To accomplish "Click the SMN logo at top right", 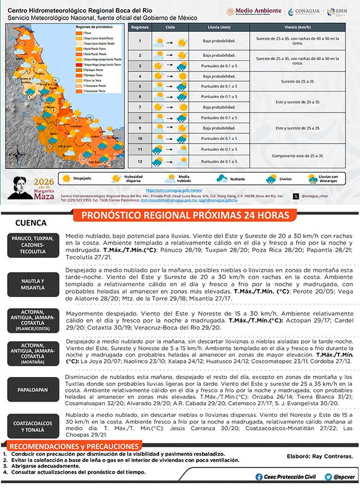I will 339,12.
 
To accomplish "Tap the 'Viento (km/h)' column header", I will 298,27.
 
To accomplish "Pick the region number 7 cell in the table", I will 139,107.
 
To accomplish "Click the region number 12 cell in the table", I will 139,161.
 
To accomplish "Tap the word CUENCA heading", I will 31,223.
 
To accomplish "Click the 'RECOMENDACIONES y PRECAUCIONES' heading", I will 73,447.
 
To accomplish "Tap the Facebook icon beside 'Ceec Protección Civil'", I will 259,476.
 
